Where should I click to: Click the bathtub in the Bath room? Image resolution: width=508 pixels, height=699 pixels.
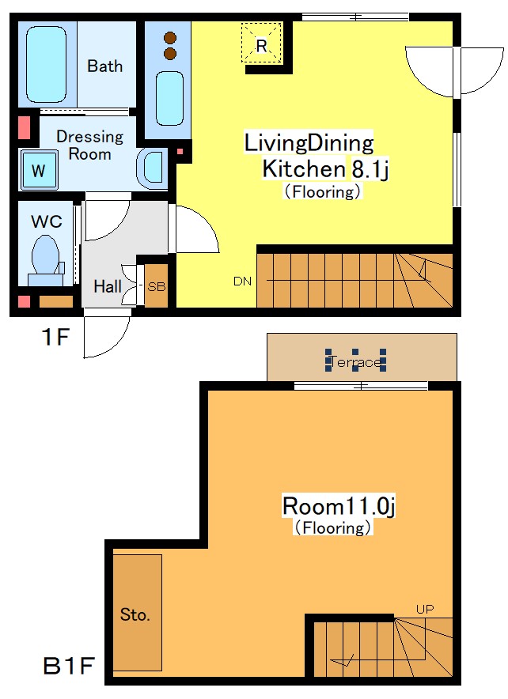click(47, 64)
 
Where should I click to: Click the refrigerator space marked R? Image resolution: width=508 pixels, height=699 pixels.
click(261, 43)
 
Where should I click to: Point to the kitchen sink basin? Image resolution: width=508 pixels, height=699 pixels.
click(169, 99)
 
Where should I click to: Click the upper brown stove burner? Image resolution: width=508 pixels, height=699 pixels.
click(170, 38)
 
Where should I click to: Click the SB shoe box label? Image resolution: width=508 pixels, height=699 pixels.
click(156, 287)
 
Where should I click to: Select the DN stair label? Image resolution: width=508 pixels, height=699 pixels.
click(242, 281)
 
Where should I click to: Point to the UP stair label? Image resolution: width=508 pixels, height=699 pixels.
click(425, 609)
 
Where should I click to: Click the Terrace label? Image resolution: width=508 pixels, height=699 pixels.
click(355, 361)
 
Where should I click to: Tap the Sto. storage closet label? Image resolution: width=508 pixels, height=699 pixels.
click(135, 614)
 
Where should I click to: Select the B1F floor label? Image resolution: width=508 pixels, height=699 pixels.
click(69, 666)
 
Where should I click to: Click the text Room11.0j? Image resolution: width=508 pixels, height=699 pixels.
click(339, 506)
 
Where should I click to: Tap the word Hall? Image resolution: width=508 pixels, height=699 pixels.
click(108, 286)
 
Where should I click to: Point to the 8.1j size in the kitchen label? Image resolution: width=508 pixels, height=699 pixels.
click(370, 169)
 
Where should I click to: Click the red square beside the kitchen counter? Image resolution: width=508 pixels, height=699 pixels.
click(180, 152)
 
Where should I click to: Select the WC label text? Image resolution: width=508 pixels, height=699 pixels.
click(47, 221)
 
